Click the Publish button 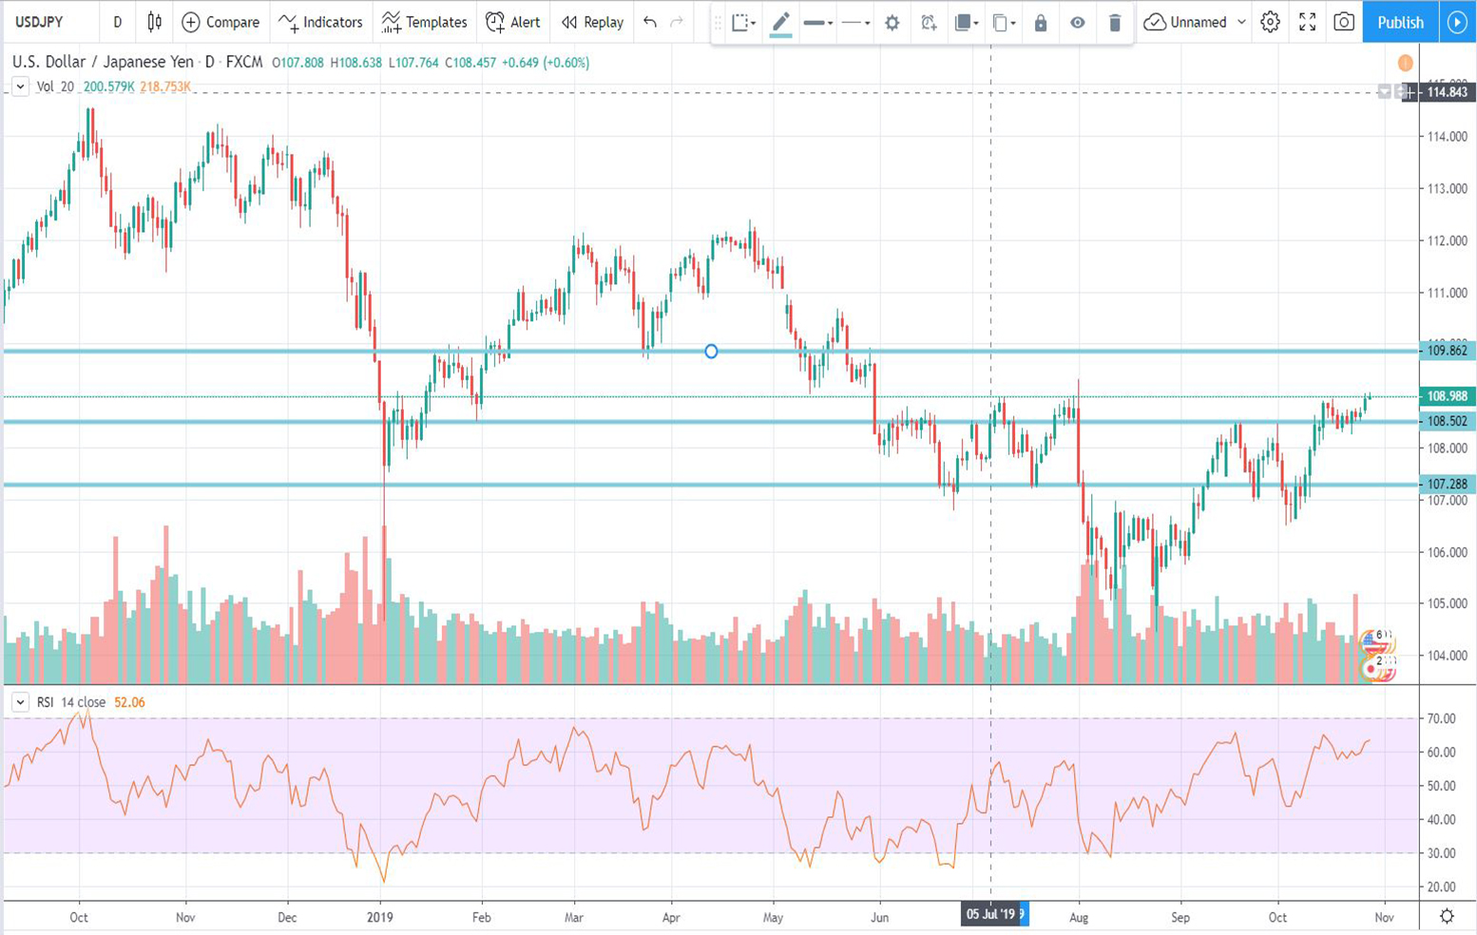click(x=1400, y=22)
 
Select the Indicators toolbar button click(x=320, y=22)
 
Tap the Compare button click(x=221, y=22)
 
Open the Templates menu click(x=424, y=22)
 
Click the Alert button click(x=512, y=22)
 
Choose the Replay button click(x=592, y=22)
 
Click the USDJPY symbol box click(x=39, y=22)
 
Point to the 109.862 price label click(x=1447, y=351)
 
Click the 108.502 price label click(x=1447, y=421)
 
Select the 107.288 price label click(x=1447, y=485)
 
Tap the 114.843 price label click(x=1447, y=92)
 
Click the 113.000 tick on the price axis click(x=1447, y=188)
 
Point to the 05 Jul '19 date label click(x=991, y=914)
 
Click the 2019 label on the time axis click(x=379, y=917)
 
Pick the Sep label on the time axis click(x=1180, y=917)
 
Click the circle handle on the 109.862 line click(x=711, y=352)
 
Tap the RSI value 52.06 click(x=129, y=702)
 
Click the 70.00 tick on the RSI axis click(x=1441, y=718)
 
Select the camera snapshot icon click(x=1343, y=22)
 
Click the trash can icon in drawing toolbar click(x=1115, y=23)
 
